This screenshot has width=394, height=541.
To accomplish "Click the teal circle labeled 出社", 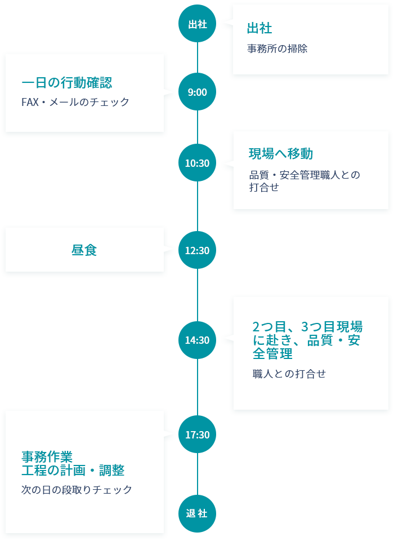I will point(197,24).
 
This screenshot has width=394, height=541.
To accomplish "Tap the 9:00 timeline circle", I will point(197,92).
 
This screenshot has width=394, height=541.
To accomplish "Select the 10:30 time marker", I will point(197,163).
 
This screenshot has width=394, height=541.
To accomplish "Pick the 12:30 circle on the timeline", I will point(197,250).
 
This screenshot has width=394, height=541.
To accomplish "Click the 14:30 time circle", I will point(197,340).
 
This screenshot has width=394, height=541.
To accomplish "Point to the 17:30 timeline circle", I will point(197,434).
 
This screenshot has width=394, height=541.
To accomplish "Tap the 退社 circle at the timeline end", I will point(197,513).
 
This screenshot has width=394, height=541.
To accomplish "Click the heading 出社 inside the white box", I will point(259,28).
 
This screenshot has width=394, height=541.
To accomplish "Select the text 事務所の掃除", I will point(277,48).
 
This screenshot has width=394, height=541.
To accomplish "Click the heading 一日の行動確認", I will point(66,82).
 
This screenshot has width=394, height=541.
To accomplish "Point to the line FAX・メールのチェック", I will point(75,102).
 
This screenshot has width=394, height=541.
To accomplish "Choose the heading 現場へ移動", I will point(281,153).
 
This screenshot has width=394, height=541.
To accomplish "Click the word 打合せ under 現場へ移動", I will point(264,188).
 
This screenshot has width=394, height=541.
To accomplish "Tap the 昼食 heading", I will point(84,250).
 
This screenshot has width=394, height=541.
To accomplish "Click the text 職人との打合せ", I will point(289,373).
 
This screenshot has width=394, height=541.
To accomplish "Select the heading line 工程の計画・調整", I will point(73,470).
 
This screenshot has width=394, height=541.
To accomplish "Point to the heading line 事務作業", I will point(47,456).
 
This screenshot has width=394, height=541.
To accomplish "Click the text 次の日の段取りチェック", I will point(77,490).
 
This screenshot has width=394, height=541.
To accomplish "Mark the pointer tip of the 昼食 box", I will point(174,249).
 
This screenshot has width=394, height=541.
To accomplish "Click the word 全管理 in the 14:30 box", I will point(272,354).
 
